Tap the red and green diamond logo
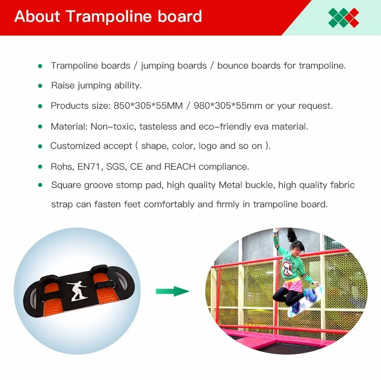pos(343,17)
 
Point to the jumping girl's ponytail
pos(291,236)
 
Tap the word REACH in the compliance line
pos(179,167)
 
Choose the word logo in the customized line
pos(208,146)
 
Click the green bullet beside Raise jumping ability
pos(40,86)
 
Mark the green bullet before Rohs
pos(40,167)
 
